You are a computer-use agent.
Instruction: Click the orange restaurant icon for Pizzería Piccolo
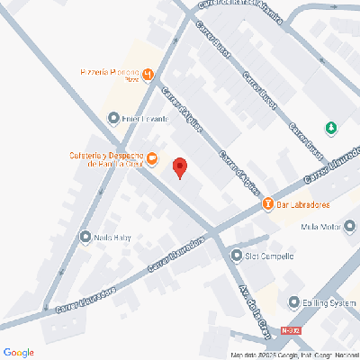149,73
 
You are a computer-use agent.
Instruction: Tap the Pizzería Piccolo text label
109,73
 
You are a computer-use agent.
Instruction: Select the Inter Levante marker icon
112,118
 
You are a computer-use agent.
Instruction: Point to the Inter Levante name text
143,118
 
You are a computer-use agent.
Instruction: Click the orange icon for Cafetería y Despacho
152,160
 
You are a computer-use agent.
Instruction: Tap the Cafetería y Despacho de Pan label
104,159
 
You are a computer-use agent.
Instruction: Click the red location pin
179,168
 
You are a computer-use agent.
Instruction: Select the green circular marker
331,128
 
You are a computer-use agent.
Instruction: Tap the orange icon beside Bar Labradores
267,205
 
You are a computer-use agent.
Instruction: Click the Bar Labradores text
300,205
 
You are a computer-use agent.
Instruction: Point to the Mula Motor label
319,227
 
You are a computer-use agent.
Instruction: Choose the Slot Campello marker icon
236,255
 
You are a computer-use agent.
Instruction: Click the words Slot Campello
270,255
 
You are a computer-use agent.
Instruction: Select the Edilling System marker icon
293,302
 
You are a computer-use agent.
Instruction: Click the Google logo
19,351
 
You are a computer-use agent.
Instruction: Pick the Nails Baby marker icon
85,238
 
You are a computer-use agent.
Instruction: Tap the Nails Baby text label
113,238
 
